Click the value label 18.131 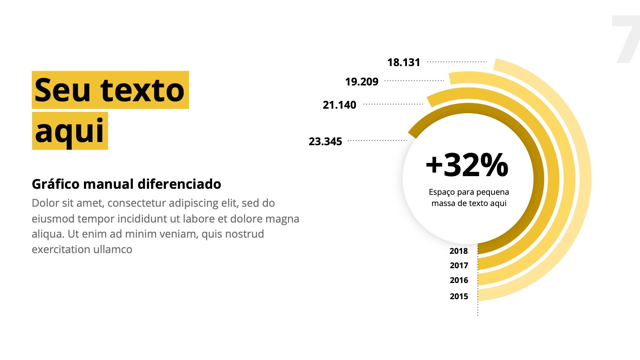[404, 63]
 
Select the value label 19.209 [361, 82]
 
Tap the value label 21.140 [339, 105]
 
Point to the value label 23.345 [325, 142]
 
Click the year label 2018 [459, 251]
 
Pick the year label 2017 [459, 265]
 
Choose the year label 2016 [459, 280]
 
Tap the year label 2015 [459, 296]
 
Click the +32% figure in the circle [467, 165]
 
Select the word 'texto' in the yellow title [142, 90]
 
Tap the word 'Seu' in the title [63, 90]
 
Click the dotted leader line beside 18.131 [457, 62]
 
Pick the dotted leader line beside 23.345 [377, 141]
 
